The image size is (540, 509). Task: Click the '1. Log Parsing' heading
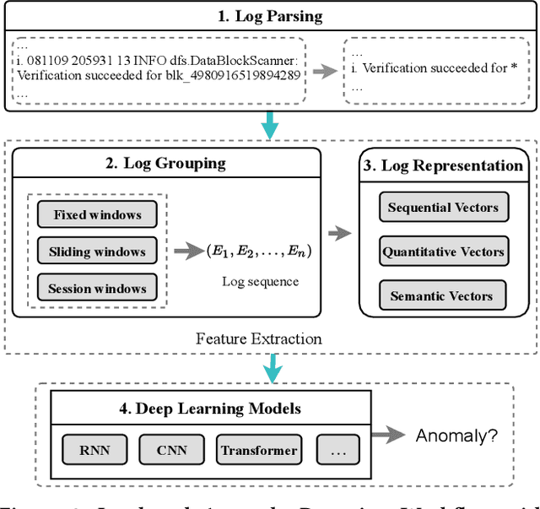[x=269, y=16]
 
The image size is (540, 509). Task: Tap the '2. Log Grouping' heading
[x=165, y=164]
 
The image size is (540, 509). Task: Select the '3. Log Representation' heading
[x=444, y=165]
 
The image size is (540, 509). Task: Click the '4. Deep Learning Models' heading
[x=209, y=409]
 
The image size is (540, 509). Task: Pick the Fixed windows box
[x=97, y=214]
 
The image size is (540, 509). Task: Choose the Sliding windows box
[x=97, y=252]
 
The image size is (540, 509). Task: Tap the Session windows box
[x=97, y=288]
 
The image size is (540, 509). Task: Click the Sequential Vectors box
[x=443, y=207]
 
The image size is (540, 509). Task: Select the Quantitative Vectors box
[x=443, y=252]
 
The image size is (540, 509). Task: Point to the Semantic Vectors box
[x=441, y=296]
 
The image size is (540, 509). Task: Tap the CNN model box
[x=172, y=450]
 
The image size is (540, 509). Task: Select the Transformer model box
[x=258, y=450]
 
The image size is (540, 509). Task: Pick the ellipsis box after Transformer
[x=337, y=450]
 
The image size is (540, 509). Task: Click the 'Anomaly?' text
[x=456, y=436]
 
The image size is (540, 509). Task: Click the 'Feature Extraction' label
[x=258, y=338]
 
